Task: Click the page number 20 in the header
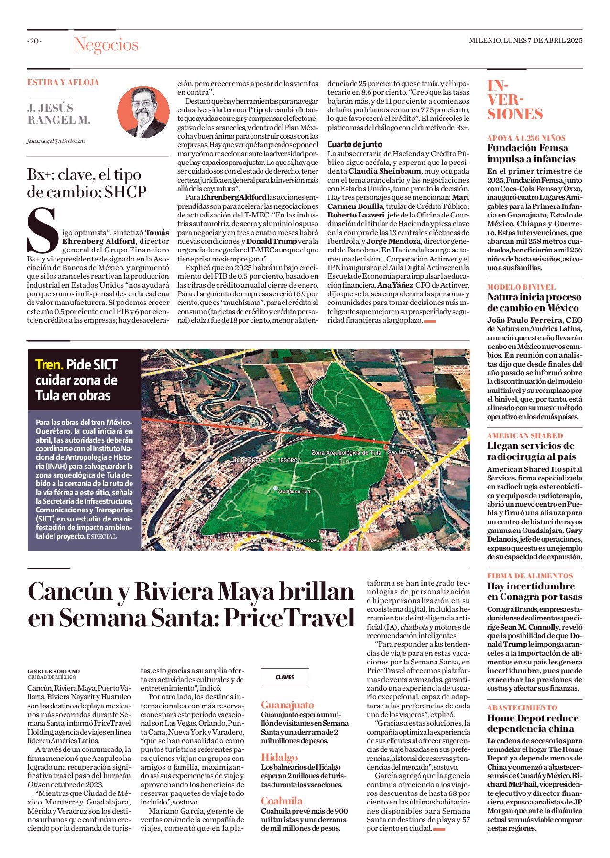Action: point(34,41)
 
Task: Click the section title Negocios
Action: point(106,44)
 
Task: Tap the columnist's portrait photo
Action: point(143,112)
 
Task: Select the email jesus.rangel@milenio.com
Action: point(56,141)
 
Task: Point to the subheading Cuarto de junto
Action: point(355,144)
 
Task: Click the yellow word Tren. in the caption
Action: point(49,365)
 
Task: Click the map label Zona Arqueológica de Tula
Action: point(347,452)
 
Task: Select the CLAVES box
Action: point(285,677)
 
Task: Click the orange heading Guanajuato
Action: point(287,705)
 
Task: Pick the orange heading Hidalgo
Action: point(279,757)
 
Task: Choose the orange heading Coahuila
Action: point(282,801)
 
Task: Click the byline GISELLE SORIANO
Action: point(54,671)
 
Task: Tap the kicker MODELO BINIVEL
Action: point(521,287)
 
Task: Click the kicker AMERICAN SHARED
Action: point(525,435)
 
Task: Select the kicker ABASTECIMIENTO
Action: point(522,707)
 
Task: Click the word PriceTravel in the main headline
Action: point(290,618)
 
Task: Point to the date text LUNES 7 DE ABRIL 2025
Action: point(543,40)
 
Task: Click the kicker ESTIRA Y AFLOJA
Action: point(63,82)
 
